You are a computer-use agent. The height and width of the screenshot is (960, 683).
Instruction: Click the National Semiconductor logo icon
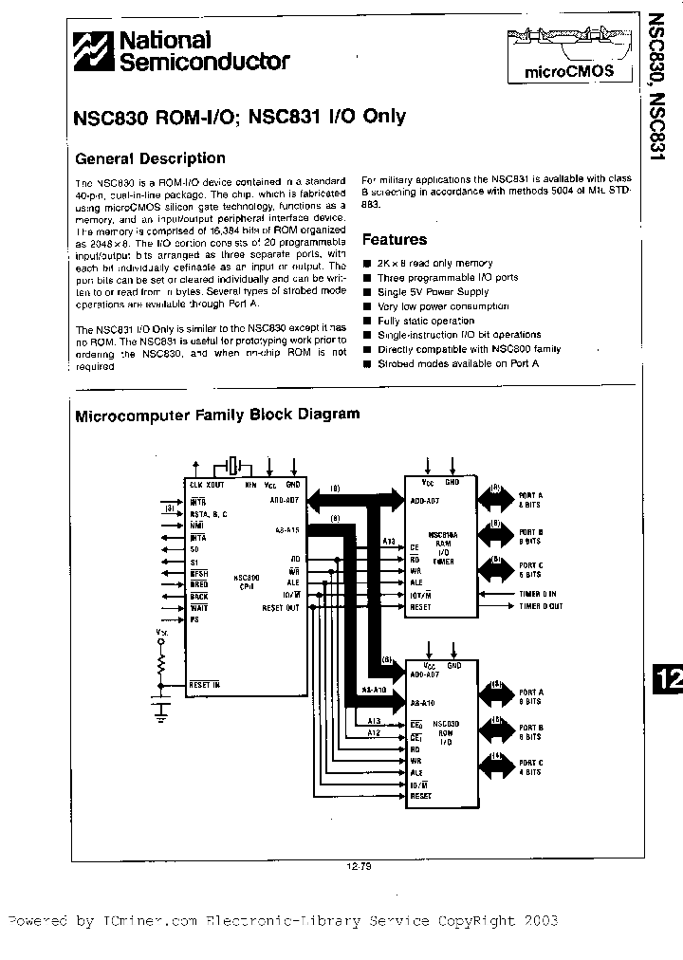pyautogui.click(x=95, y=51)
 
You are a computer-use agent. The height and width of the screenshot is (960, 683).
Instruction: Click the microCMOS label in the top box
pyautogui.click(x=569, y=71)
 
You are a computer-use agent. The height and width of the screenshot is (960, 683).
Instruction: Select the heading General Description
pyautogui.click(x=150, y=158)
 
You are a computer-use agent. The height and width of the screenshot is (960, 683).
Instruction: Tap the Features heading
pyautogui.click(x=395, y=240)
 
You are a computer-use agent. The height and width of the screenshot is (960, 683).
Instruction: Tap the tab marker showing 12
pyautogui.click(x=667, y=679)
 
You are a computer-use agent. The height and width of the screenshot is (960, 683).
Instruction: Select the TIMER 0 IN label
pyautogui.click(x=537, y=594)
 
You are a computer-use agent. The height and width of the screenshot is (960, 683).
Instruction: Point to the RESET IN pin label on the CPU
pyautogui.click(x=204, y=684)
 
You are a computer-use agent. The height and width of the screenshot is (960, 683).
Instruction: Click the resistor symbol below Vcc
pyautogui.click(x=160, y=660)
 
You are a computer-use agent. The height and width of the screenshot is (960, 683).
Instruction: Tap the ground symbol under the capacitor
pyautogui.click(x=160, y=709)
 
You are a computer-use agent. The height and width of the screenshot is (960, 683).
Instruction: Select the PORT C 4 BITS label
pyautogui.click(x=530, y=766)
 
